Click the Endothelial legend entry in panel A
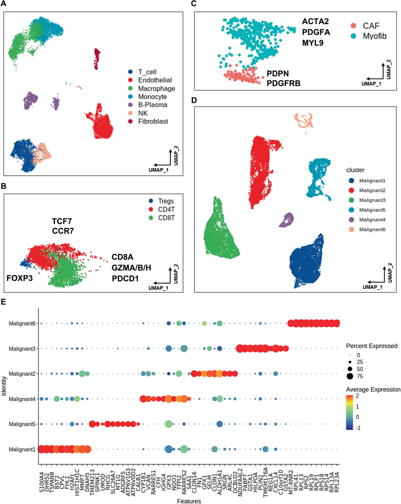click(155, 80)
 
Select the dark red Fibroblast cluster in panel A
click(97, 58)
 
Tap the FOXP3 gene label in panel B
click(19, 278)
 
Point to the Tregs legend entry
click(165, 201)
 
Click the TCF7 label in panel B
click(62, 221)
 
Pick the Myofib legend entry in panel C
click(374, 36)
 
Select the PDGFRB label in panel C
click(283, 83)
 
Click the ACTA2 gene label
click(315, 21)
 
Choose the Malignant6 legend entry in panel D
click(372, 229)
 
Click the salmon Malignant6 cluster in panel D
click(304, 120)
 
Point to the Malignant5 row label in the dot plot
click(22, 424)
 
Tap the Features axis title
click(189, 501)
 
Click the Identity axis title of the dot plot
click(4, 386)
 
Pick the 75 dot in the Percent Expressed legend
click(350, 377)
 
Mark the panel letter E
click(3, 302)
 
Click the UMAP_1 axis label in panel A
click(158, 170)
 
